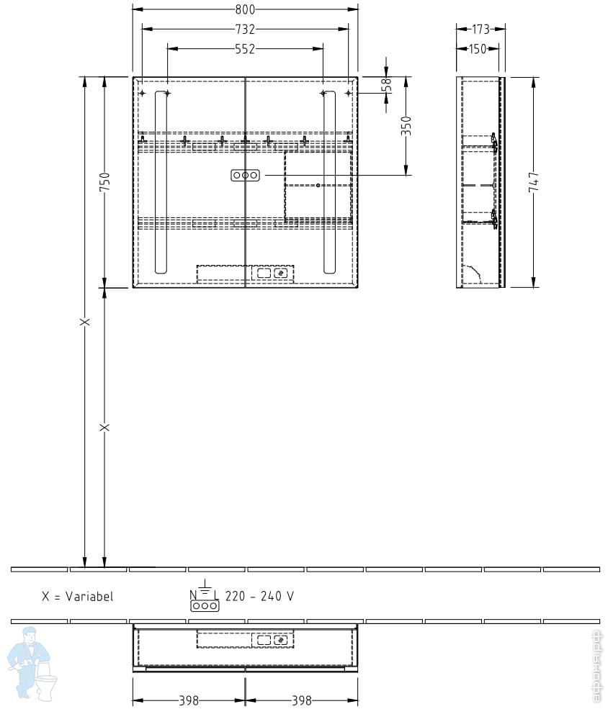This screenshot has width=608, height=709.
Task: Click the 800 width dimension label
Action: coord(245,9)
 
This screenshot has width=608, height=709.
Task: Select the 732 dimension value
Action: coord(245,30)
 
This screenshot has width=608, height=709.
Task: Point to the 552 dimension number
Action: coord(245,49)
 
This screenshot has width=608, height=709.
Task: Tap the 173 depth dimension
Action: coord(480,30)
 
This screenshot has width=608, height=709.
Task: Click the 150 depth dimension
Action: coord(478,49)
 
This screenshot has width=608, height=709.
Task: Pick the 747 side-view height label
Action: coord(534,182)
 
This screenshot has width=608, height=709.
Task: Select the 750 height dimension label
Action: coord(104,182)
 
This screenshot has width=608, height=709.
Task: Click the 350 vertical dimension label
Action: coord(406,126)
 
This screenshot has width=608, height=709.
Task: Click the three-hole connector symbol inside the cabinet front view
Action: coord(245,175)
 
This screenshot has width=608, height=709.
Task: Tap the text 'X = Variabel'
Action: coord(77,597)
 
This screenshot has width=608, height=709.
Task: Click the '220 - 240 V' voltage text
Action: coord(259,597)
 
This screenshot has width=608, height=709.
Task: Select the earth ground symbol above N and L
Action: coord(205,586)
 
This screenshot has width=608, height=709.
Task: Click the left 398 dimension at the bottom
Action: coord(189,700)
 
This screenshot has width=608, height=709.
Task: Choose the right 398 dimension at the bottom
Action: coord(301,700)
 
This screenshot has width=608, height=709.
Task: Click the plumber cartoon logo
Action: coord(32,663)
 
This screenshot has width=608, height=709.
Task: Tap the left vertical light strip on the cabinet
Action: coord(161,182)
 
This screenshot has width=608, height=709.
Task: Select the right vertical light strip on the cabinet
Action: coord(329,182)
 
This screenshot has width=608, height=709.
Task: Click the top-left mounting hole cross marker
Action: coord(142,94)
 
